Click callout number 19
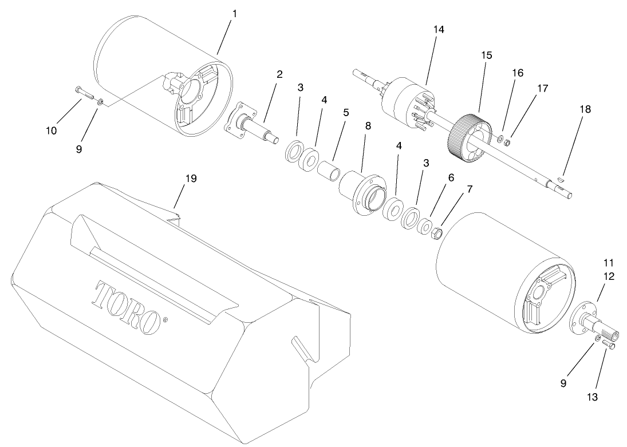191,179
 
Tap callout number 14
439,29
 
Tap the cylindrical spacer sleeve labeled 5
329,170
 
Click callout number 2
279,74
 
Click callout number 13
593,396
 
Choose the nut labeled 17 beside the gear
507,141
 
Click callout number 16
518,73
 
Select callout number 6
451,178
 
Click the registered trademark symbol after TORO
166,320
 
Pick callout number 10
52,130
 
